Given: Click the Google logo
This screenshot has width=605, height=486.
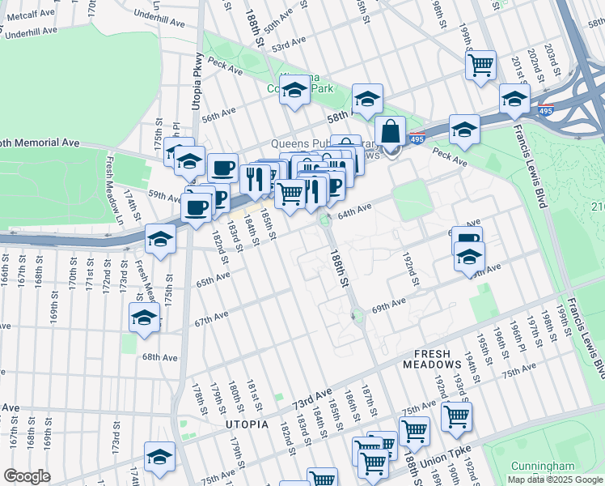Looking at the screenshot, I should tap(26, 476).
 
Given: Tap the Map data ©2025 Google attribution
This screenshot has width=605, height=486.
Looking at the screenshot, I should tap(554, 480).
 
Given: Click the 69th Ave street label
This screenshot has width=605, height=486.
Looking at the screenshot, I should tap(388, 306).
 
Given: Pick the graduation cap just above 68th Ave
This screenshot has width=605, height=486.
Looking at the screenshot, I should tap(144, 317).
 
